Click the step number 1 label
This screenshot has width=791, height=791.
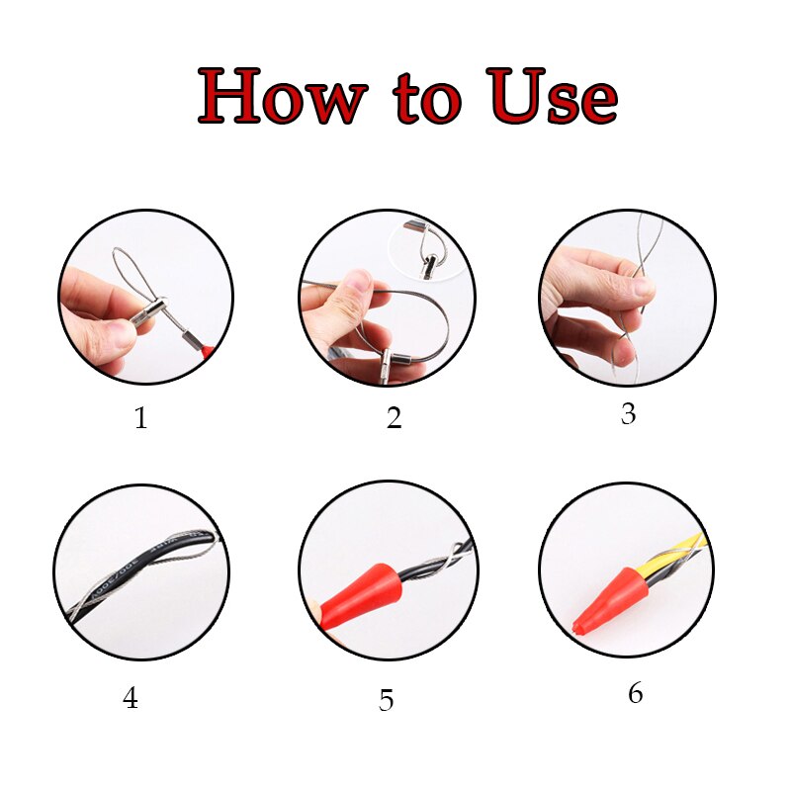140,418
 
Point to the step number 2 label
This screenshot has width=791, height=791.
394,418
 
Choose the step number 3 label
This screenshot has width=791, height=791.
628,413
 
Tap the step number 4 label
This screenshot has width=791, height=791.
131,699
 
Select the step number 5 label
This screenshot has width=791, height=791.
386,701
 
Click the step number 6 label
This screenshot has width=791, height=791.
635,694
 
